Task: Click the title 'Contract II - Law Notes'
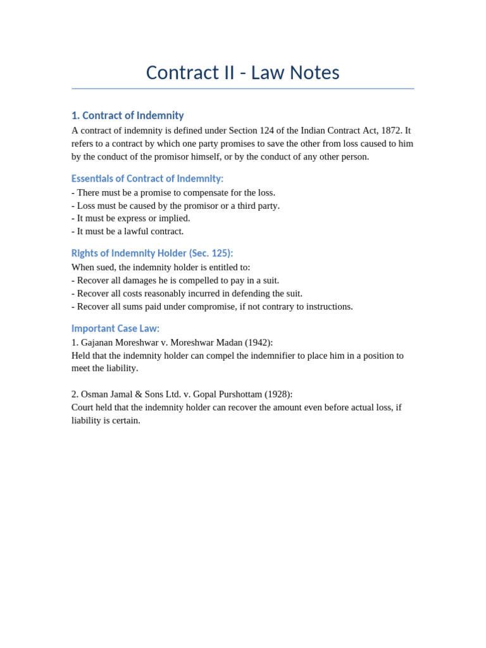click(242, 73)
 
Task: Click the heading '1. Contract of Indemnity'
click(127, 115)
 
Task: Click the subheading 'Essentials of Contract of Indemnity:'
click(147, 178)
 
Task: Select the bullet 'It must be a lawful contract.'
click(128, 231)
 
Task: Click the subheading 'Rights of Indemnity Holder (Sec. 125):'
click(152, 253)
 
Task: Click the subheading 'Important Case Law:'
click(115, 328)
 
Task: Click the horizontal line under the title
click(242, 89)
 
